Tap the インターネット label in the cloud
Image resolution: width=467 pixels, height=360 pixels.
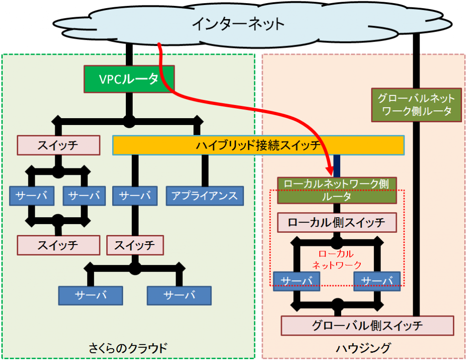point(238,23)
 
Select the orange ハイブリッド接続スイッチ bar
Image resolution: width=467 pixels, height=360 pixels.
point(258,146)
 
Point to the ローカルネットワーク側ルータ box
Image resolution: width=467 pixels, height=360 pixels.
point(337,190)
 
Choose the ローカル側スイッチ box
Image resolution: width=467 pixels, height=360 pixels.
point(337,223)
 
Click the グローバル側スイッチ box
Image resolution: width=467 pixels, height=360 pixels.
point(367,326)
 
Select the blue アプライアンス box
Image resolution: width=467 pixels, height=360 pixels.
point(204,196)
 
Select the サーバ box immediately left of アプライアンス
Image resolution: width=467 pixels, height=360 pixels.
point(135,196)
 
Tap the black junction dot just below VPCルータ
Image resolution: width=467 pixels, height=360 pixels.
point(129,121)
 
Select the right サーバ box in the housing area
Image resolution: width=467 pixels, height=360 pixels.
point(377,280)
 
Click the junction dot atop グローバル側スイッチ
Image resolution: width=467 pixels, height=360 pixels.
point(337,304)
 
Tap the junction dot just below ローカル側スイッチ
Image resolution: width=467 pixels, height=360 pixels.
point(337,242)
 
